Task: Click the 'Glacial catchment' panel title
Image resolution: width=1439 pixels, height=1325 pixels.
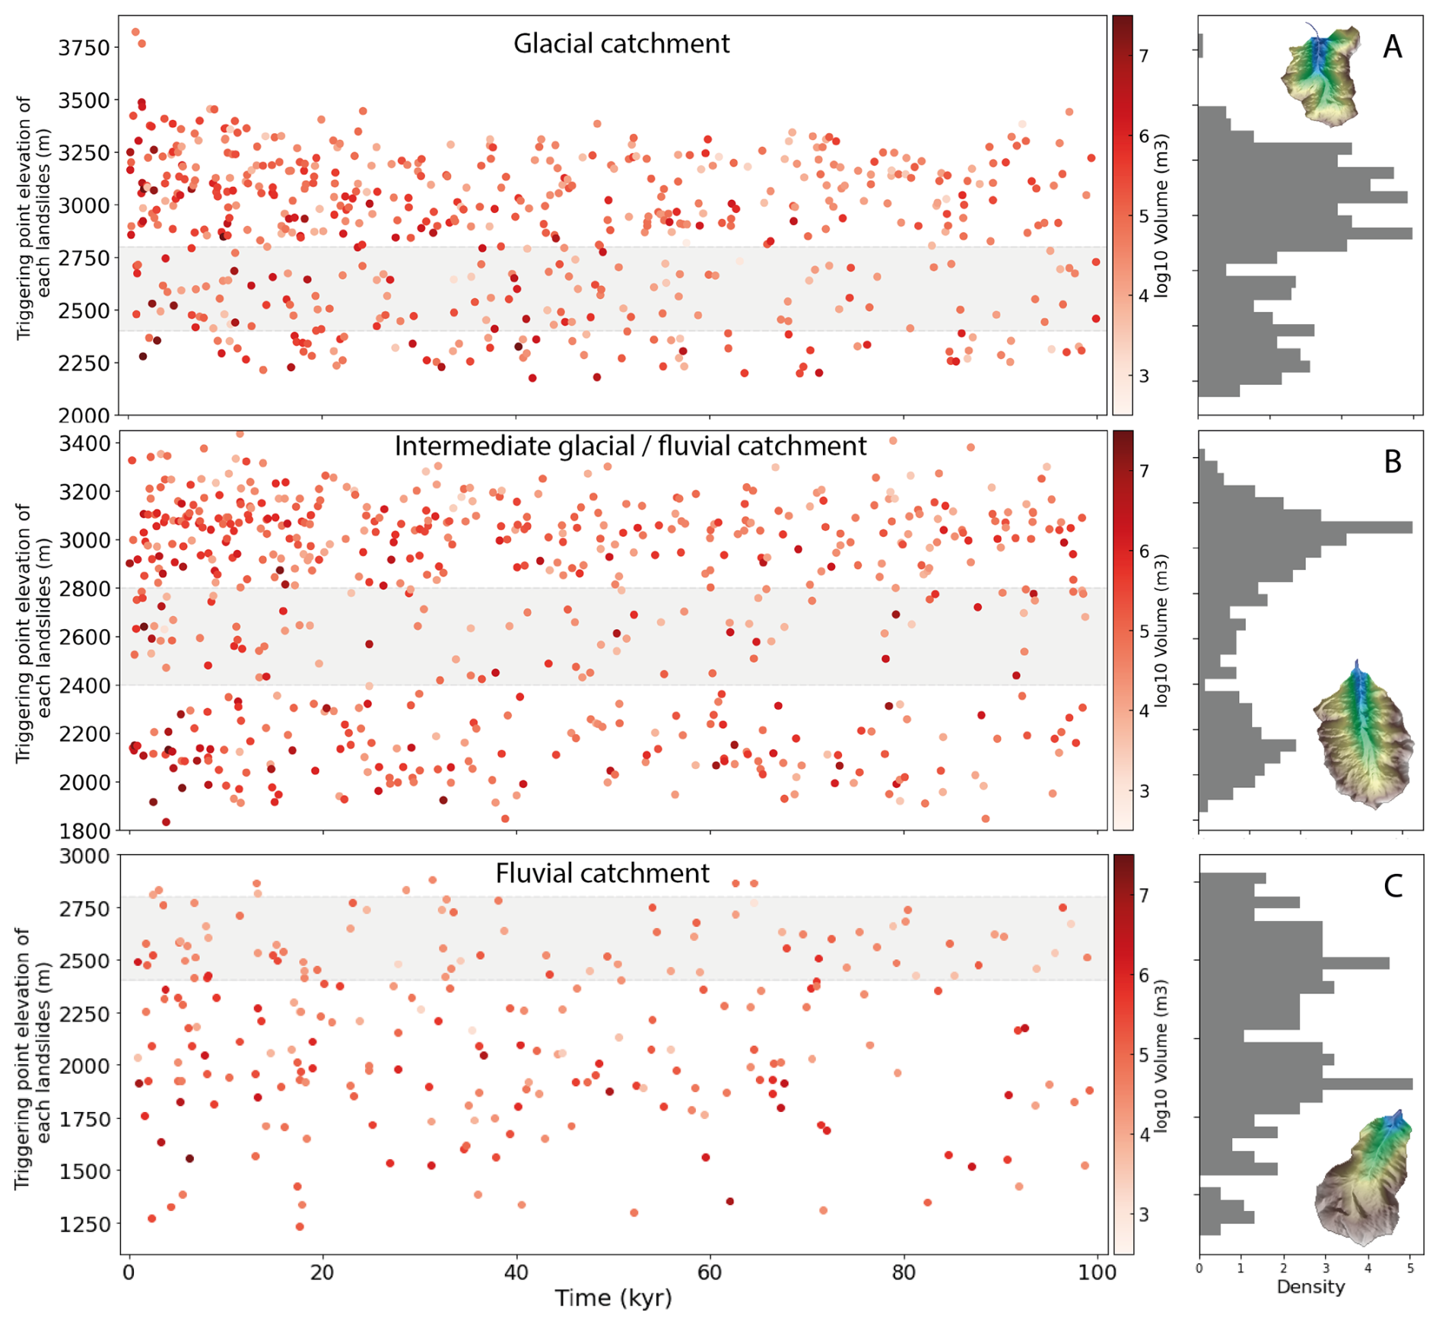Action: coord(621,44)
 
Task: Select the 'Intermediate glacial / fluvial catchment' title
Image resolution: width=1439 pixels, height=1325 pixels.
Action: coord(630,446)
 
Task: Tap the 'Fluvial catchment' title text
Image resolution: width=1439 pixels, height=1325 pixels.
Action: coord(602,873)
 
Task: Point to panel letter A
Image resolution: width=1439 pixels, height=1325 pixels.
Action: coord(1392,47)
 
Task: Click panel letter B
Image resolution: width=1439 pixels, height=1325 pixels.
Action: coord(1392,462)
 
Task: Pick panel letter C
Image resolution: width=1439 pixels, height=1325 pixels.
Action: coord(1392,886)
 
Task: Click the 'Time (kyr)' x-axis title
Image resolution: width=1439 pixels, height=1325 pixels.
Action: coord(613,1298)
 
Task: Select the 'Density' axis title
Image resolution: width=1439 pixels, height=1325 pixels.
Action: coord(1310,1287)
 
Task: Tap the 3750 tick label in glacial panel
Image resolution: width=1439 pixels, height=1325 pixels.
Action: coord(84,47)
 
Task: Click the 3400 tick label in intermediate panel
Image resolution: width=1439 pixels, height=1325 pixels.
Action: coord(84,443)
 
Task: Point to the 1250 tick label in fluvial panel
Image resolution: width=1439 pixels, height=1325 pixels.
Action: coord(84,1224)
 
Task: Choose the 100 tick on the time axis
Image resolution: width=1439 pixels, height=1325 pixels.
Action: coord(1097,1272)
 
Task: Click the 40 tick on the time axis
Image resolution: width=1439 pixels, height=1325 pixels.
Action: coord(516,1272)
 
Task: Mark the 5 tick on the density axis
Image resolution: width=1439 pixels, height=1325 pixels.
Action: coord(1409,1268)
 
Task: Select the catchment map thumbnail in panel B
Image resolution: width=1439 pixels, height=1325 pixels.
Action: coord(1363,735)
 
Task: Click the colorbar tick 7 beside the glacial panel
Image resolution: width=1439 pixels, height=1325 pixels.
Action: coord(1142,56)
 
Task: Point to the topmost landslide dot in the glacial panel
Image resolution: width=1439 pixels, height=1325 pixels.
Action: coord(135,32)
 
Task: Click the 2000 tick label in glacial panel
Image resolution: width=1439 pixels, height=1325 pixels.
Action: coord(84,415)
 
